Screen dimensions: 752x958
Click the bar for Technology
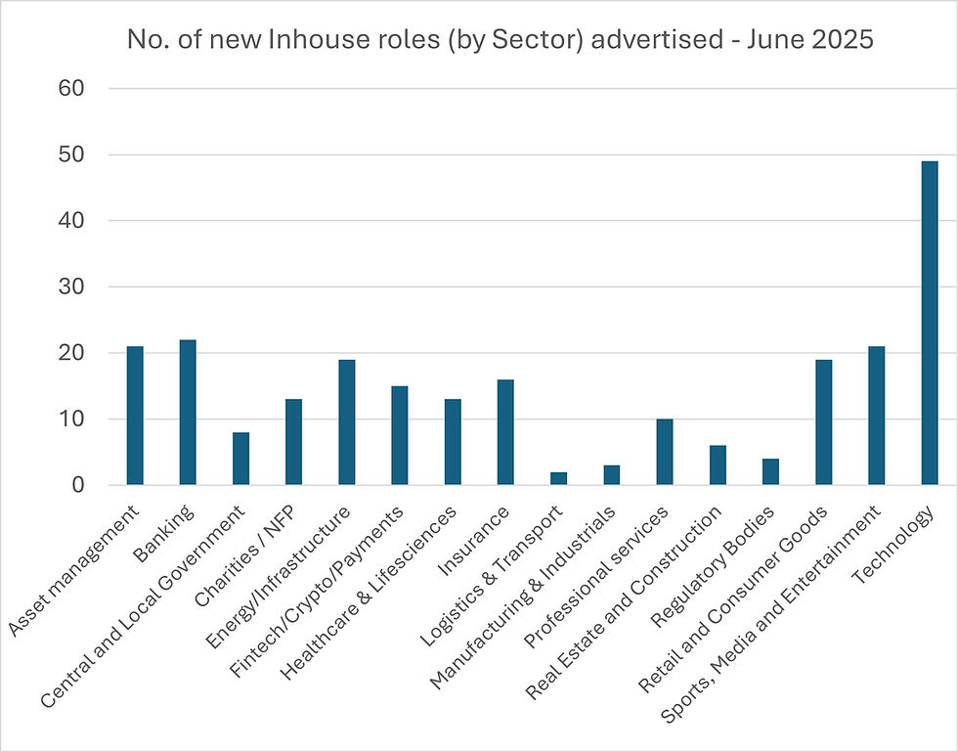point(929,323)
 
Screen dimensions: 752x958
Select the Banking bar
point(188,412)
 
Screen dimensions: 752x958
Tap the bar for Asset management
point(135,416)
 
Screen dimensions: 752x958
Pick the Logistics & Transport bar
point(558,478)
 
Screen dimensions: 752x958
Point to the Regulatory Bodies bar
point(770,472)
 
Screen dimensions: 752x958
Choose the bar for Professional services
point(665,452)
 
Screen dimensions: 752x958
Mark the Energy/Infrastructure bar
point(347,422)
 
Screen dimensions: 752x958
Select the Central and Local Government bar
point(240,459)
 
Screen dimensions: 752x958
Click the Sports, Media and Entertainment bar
point(876,416)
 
